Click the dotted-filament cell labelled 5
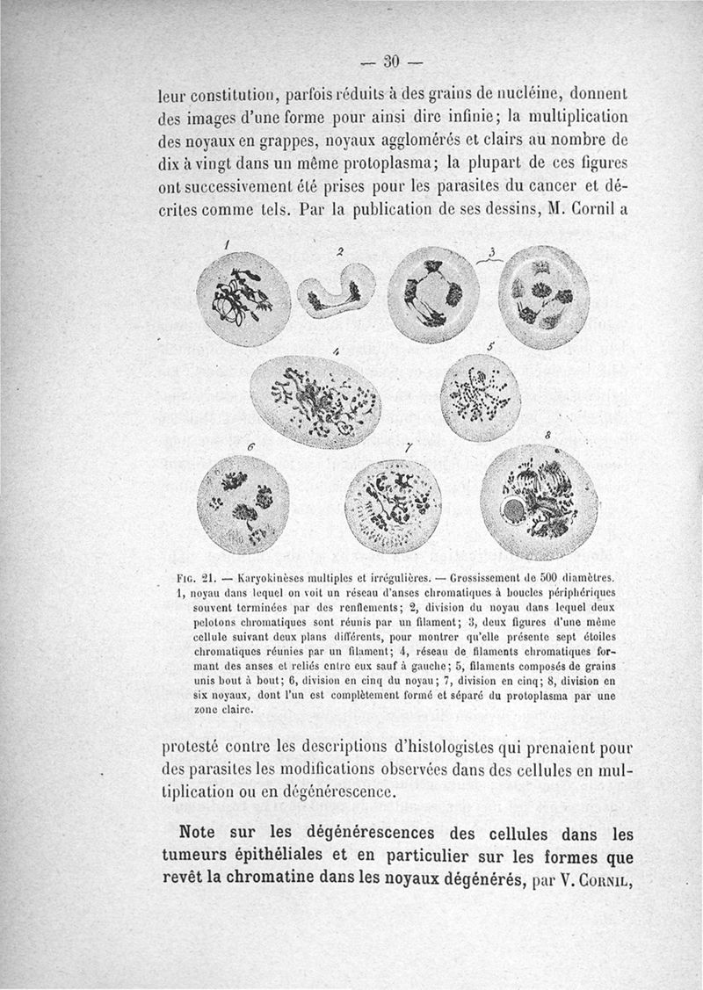pos(480,397)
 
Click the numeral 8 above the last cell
pos(547,435)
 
